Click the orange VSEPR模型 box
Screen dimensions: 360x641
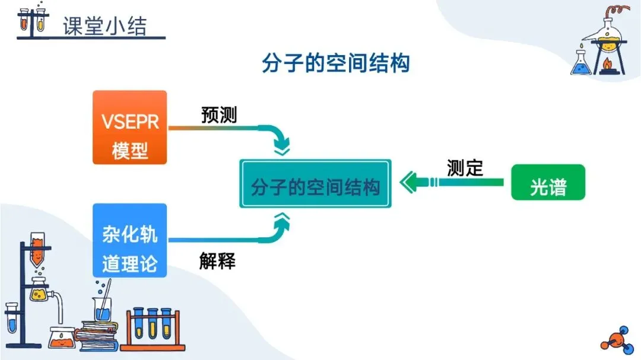coord(129,127)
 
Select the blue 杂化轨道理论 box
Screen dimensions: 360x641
coord(129,240)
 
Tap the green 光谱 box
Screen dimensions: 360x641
coord(548,182)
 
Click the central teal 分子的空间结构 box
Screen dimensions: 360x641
coord(315,183)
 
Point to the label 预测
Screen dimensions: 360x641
coord(219,114)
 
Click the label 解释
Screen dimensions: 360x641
coord(217,260)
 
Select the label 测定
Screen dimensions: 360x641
coord(465,168)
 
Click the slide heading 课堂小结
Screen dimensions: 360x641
coord(104,25)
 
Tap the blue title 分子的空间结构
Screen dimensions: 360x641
coord(335,63)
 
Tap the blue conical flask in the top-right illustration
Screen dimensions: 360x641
coord(581,64)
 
